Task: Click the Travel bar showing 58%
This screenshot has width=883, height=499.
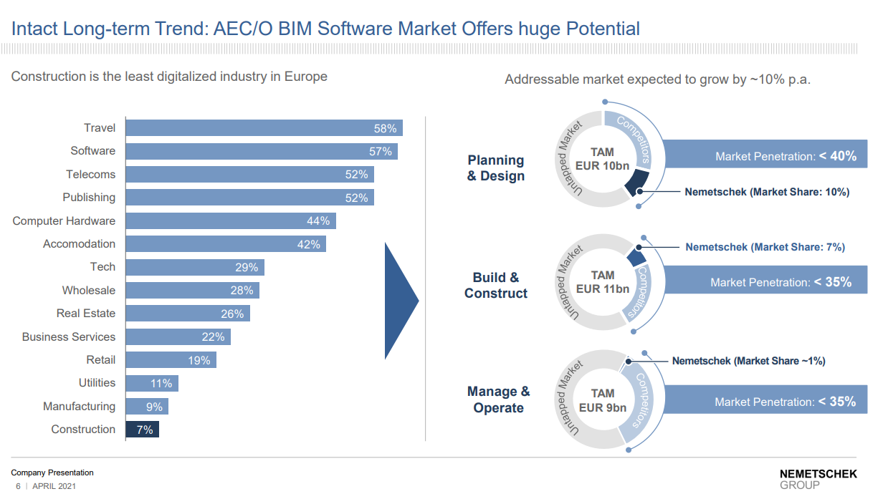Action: [x=264, y=128]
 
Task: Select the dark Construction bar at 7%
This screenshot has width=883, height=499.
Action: [x=142, y=430]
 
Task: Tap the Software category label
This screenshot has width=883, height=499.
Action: [x=92, y=151]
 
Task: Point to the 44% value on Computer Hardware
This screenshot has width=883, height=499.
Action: [x=318, y=221]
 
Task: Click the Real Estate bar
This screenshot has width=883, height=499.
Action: [x=187, y=314]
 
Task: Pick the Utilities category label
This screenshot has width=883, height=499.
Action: [x=97, y=383]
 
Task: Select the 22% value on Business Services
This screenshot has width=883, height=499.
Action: [x=213, y=336]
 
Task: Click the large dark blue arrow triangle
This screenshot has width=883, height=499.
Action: [x=400, y=301]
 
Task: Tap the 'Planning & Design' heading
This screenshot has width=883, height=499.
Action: [x=496, y=168]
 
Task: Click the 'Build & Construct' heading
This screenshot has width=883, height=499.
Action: [x=496, y=285]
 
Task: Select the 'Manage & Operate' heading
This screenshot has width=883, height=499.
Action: [x=498, y=399]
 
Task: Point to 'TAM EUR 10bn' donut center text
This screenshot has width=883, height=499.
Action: [x=603, y=159]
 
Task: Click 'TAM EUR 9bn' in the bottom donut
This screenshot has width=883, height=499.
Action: [x=603, y=400]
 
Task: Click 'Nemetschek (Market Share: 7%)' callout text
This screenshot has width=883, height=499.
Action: [x=765, y=247]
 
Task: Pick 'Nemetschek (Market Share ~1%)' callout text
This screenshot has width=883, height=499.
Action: [x=748, y=361]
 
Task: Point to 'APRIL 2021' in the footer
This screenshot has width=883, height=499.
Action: [x=54, y=487]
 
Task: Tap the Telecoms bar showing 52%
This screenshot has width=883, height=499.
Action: [x=249, y=175]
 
